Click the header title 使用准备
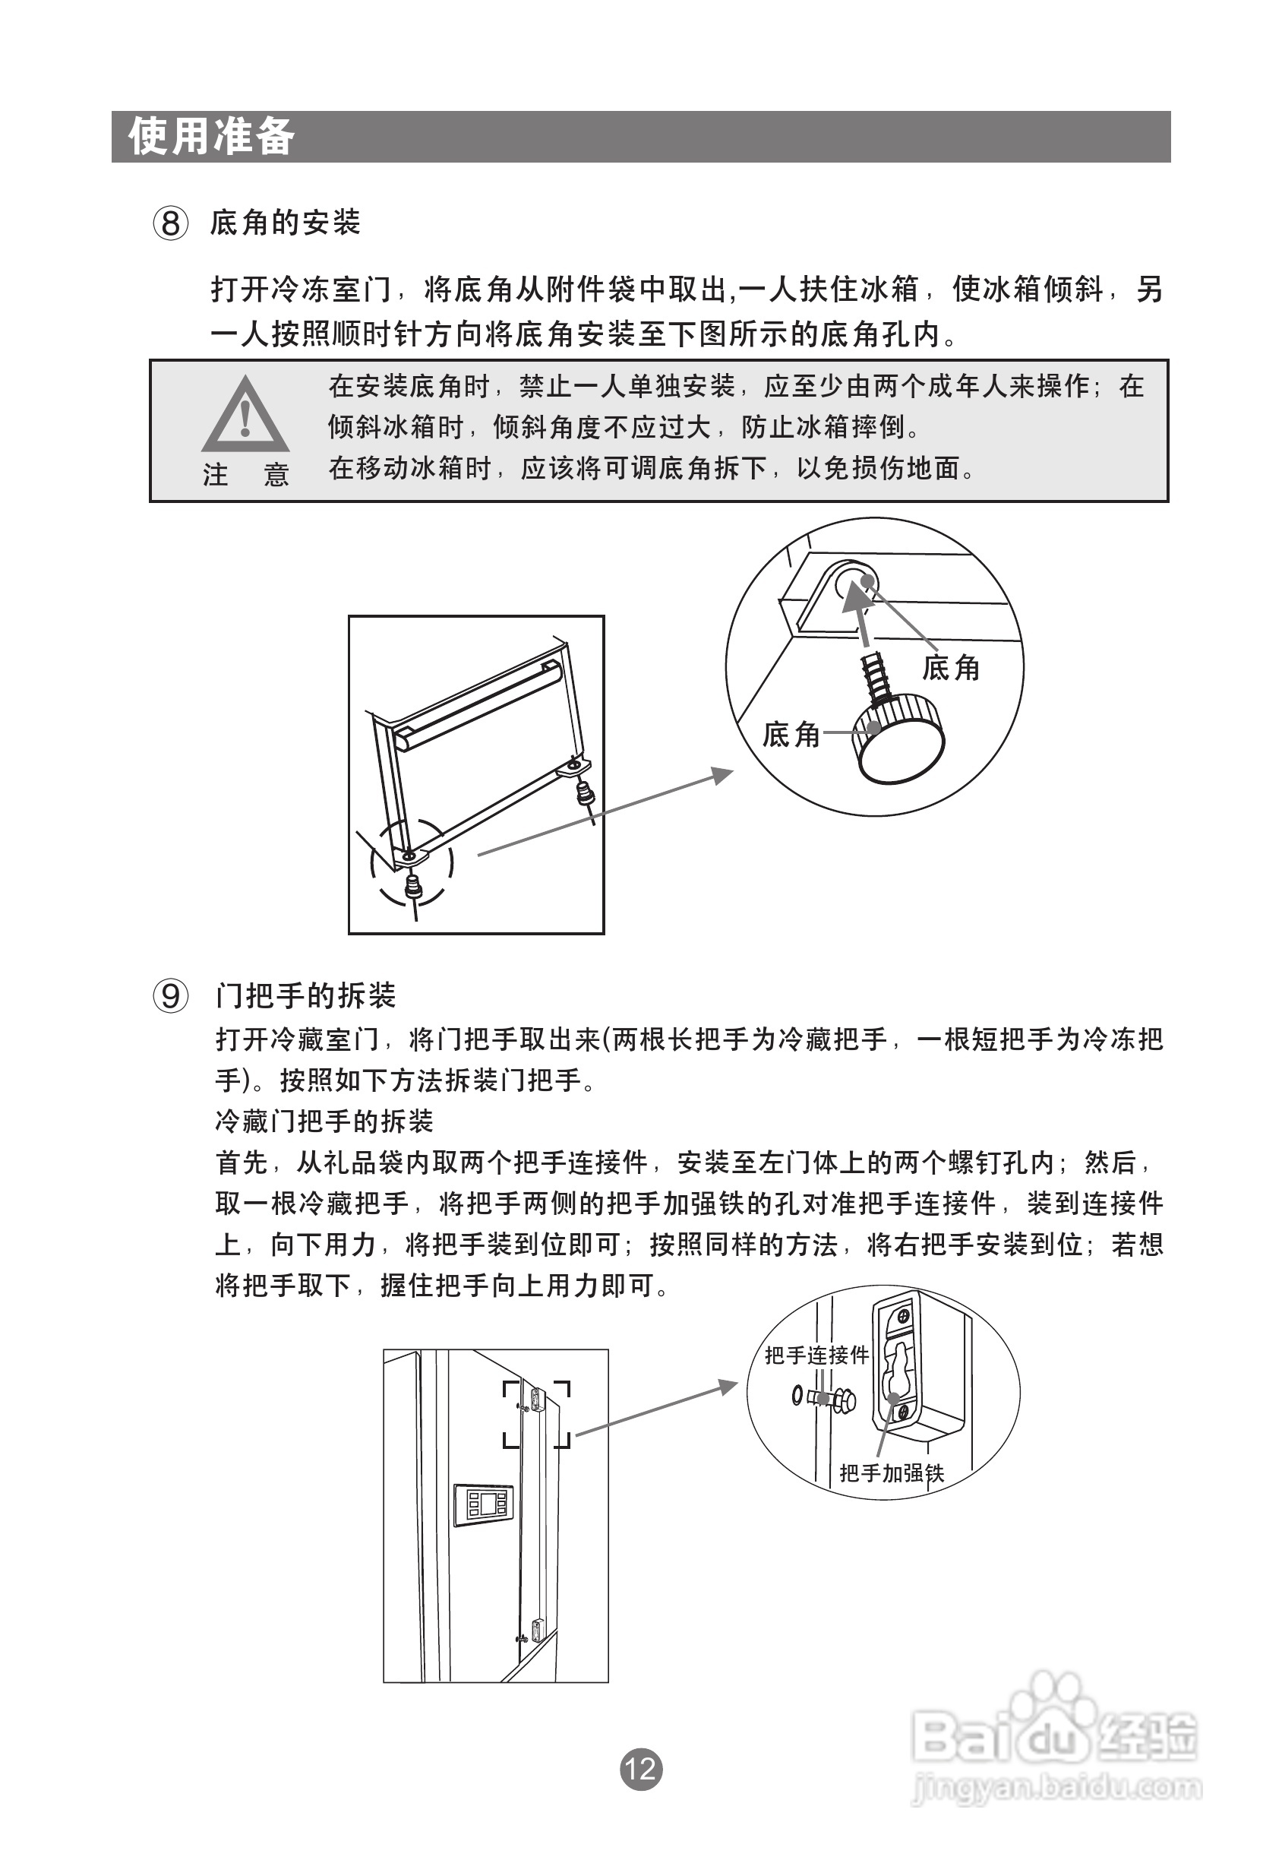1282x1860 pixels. tap(211, 136)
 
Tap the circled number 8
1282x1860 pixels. tap(171, 223)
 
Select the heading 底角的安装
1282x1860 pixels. tap(285, 223)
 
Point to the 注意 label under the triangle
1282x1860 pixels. tap(245, 475)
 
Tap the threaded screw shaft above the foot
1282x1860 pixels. tap(876, 675)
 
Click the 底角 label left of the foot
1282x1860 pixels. tap(791, 733)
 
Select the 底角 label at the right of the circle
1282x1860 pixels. tap(951, 667)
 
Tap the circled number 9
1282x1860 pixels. tap(171, 997)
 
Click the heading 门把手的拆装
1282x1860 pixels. tap(305, 996)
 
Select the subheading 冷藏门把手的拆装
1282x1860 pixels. tap(324, 1121)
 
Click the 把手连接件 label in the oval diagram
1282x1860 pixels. tap(816, 1355)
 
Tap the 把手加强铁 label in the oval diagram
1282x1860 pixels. tap(892, 1472)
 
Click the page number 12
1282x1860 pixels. tap(641, 1770)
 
